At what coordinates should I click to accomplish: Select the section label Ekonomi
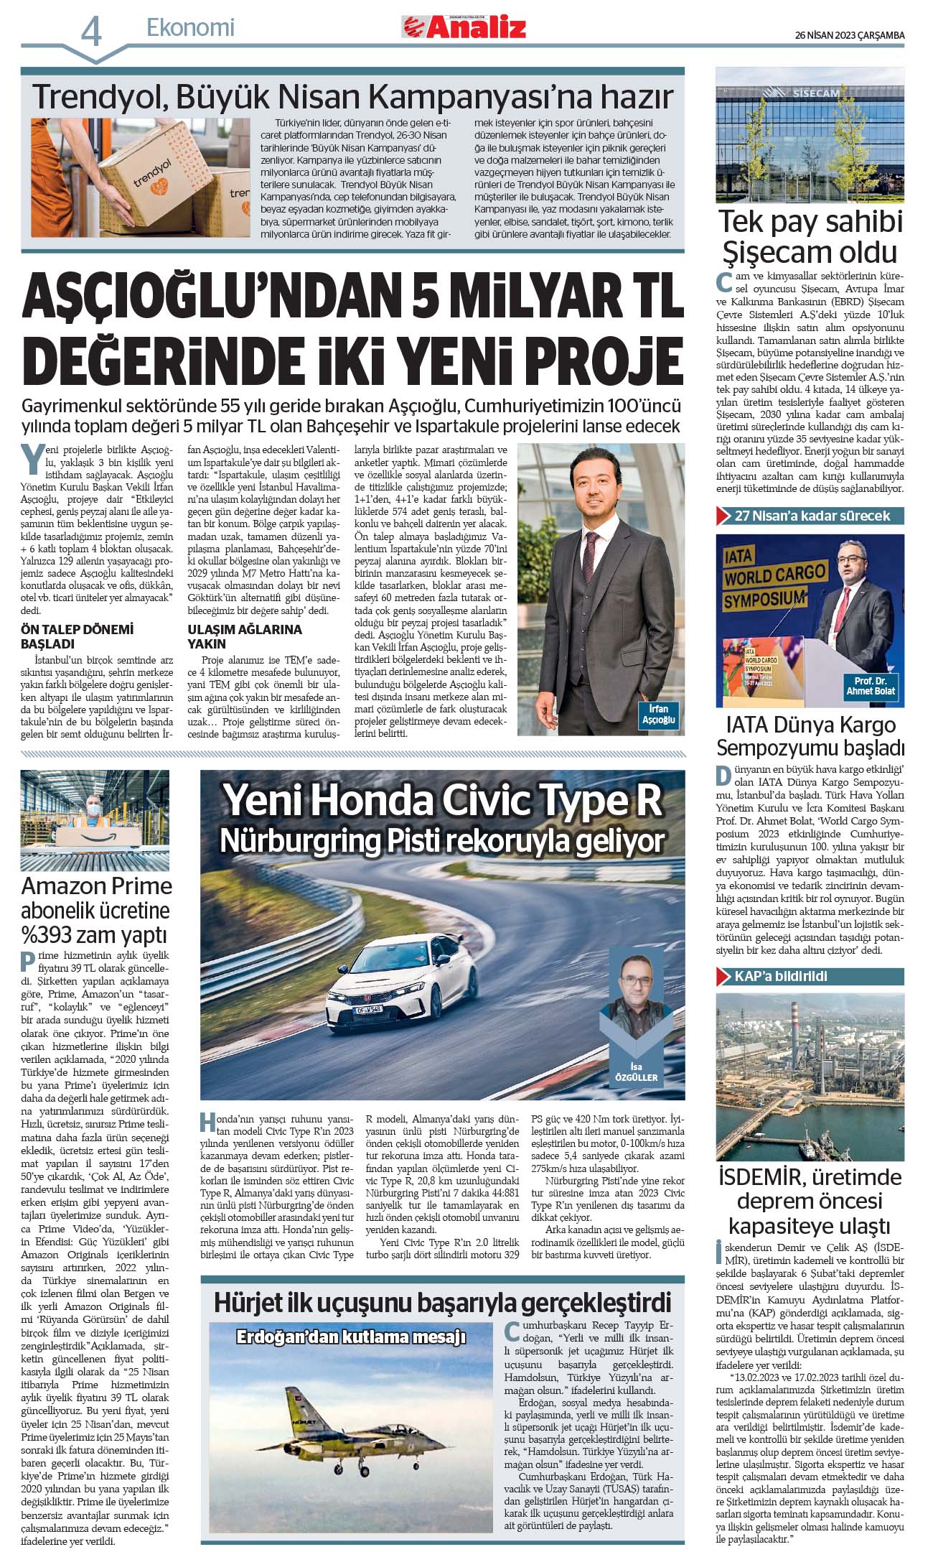190,28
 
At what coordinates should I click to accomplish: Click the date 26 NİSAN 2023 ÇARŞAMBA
849,35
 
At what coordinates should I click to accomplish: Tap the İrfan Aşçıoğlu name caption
657,714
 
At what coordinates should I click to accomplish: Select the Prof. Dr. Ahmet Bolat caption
870,686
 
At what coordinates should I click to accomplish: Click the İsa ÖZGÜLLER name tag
636,1072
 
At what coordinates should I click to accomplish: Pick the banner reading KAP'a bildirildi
780,976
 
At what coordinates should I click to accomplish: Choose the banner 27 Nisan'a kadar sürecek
811,516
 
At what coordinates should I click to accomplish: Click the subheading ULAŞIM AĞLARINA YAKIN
245,636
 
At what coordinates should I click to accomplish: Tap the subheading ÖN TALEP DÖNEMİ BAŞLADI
77,636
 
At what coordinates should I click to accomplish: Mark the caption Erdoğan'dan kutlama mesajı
351,1337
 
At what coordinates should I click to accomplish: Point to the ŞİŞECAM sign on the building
816,93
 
